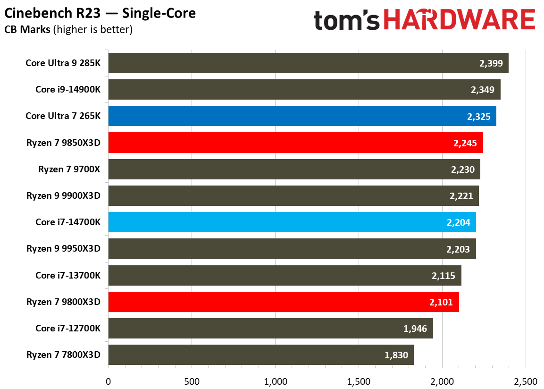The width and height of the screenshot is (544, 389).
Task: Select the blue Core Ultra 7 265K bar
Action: coord(302,116)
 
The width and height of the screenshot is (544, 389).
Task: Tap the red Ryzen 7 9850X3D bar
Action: coord(295,143)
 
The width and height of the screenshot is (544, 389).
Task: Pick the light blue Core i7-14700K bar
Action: coord(292,222)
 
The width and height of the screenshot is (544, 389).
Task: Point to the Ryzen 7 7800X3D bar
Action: coord(261,355)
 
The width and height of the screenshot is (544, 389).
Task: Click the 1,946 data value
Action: coord(416,329)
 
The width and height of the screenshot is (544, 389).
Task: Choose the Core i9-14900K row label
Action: coord(68,89)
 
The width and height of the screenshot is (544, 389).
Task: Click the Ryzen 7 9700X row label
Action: coord(69,169)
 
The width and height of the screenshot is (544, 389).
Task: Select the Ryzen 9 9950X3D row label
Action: coord(64,249)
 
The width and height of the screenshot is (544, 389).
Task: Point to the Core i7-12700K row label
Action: coord(68,329)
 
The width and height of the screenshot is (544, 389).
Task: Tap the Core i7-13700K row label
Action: coord(68,275)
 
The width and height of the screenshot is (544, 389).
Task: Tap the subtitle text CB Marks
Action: coord(27,30)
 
